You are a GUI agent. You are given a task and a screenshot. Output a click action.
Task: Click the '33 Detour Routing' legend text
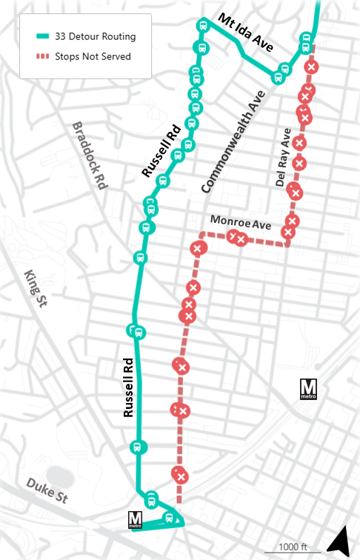[x=96, y=36]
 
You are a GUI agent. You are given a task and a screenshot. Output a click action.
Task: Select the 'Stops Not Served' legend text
[x=93, y=56]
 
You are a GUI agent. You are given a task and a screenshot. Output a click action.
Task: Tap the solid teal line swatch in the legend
[x=44, y=36]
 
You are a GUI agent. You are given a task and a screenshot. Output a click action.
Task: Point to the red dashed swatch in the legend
[x=44, y=56]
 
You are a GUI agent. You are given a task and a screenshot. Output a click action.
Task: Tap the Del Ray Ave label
[x=283, y=158]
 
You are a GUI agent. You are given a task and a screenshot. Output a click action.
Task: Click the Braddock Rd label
[x=90, y=156]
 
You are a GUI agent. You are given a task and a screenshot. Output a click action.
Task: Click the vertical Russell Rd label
[x=128, y=389]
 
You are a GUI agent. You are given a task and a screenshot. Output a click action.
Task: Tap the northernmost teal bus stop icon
[x=201, y=26]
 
